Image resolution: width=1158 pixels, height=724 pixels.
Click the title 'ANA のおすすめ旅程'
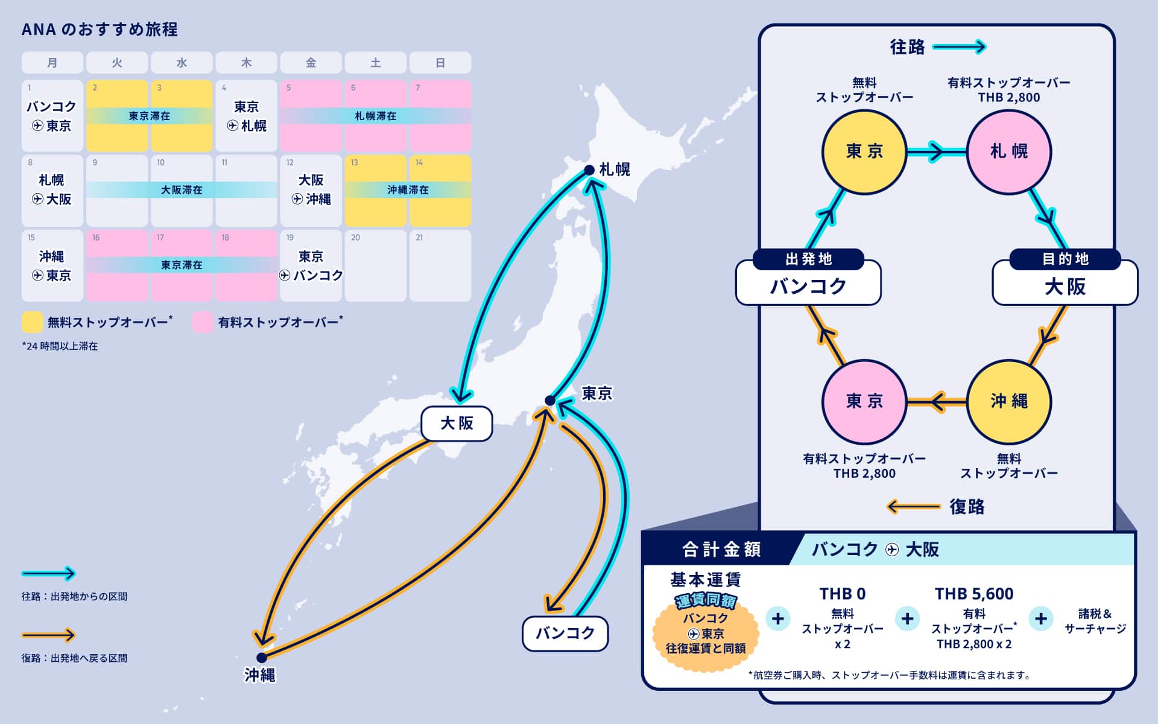point(100,30)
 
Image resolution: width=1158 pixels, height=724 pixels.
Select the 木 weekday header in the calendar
point(246,63)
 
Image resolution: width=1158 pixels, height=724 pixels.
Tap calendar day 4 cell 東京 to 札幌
point(246,116)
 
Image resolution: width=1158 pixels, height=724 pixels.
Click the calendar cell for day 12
point(311,191)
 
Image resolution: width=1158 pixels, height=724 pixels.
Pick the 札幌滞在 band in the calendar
point(375,116)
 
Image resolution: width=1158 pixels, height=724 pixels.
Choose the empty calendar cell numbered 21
point(440,265)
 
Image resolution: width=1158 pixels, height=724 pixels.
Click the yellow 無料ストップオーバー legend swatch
point(32,322)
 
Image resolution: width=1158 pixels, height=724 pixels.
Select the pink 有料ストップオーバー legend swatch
point(203,322)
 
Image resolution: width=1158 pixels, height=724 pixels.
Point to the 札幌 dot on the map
point(589,170)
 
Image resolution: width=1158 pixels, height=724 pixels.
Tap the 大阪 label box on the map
point(457,424)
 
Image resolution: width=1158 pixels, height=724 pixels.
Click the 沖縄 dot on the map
point(261,658)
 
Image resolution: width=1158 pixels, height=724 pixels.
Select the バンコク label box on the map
point(565,634)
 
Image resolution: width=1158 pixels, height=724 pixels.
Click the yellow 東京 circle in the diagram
point(864,151)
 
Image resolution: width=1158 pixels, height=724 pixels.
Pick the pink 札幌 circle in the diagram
point(1009,151)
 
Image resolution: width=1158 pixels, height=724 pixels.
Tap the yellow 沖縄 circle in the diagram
point(1009,401)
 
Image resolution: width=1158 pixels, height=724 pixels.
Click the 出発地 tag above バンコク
point(808,259)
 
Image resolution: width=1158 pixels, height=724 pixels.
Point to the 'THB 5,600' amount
point(974,594)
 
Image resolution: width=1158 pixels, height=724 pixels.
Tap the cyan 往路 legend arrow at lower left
point(48,573)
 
